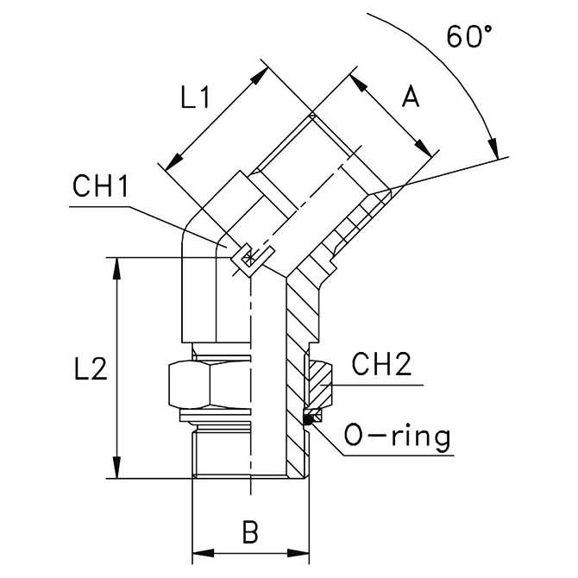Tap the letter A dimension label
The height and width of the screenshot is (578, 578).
(x=411, y=98)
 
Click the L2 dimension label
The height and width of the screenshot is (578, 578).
(x=90, y=369)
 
